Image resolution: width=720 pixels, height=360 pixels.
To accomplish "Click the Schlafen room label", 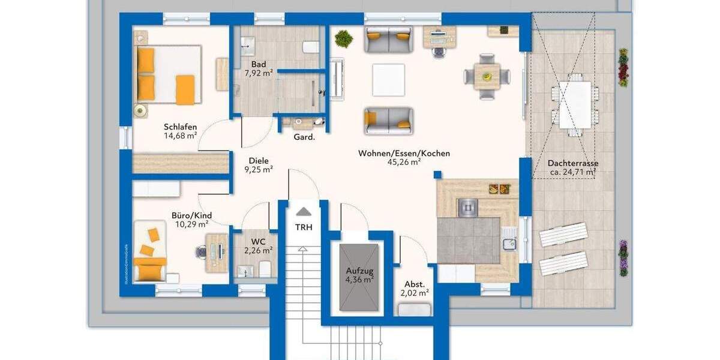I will coord(180,127).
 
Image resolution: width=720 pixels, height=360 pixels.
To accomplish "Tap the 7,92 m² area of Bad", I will coord(259,73).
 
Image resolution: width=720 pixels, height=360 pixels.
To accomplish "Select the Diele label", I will coord(259,161).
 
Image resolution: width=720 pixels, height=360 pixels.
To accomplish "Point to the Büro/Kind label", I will coord(191,215).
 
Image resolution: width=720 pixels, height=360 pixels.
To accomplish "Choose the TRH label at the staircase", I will coord(304,227).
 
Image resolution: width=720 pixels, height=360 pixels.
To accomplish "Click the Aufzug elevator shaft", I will coord(359,277).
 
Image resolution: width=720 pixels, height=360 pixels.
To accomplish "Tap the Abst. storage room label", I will coord(414,284).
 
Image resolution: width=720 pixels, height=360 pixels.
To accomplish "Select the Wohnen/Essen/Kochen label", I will coord(404,154).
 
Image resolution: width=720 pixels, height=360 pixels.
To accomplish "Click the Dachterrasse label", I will coord(572,163).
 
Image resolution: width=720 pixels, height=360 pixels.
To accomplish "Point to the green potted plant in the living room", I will coord(344,39).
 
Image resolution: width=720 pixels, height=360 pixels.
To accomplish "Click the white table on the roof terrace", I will coord(575,104).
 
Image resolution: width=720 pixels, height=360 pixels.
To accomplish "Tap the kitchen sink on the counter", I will coord(509,243).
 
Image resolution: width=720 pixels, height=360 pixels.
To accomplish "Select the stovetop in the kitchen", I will coord(467,207).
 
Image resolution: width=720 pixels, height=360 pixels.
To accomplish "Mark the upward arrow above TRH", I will coord(304,211).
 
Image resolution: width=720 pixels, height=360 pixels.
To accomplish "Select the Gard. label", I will coord(304,137).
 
